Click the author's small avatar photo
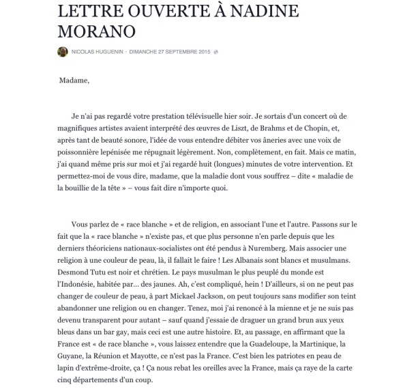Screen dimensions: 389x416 (x=62, y=52)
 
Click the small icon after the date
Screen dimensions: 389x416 (x=216, y=52)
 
